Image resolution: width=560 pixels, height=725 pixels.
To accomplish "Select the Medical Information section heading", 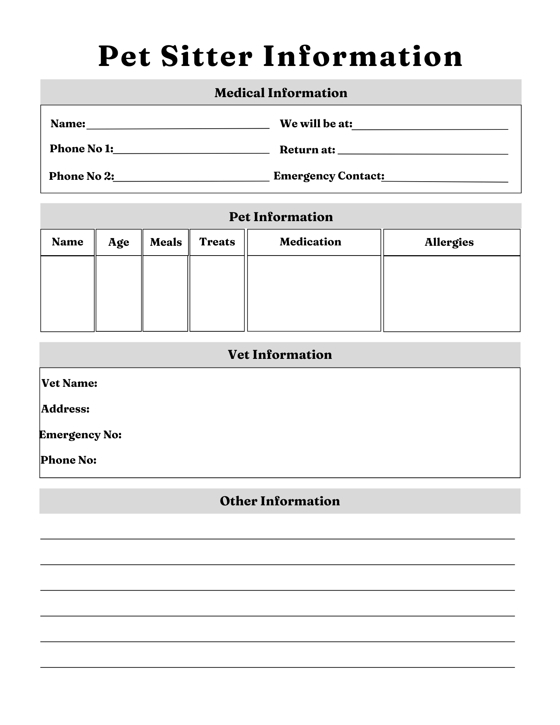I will (281, 93).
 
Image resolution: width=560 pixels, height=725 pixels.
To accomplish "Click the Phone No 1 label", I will (82, 149).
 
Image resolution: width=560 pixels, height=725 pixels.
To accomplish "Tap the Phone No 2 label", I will (82, 176).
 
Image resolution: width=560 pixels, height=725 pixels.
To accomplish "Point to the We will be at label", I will (316, 124).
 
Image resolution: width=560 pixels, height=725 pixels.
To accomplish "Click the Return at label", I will (307, 150).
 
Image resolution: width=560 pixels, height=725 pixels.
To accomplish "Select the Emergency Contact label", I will (328, 176).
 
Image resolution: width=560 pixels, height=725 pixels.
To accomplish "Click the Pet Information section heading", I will (281, 217).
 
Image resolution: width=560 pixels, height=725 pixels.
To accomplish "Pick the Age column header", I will (119, 242).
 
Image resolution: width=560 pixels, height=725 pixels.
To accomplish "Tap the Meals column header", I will (166, 242).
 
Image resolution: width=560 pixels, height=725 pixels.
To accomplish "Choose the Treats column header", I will (217, 242).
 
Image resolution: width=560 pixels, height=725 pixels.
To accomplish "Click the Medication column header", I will (310, 242).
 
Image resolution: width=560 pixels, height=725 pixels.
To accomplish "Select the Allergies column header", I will (449, 242).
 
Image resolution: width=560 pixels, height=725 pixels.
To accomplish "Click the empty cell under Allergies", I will (452, 294).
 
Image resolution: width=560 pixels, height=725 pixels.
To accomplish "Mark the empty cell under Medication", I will (314, 293).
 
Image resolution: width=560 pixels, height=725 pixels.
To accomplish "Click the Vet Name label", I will (69, 383).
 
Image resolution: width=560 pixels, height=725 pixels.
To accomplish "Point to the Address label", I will (65, 409).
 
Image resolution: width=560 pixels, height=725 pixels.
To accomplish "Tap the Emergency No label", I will (80, 435).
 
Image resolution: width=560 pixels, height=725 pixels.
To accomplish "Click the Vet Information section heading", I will (279, 355).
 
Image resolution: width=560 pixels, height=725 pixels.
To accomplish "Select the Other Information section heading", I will (279, 501).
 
